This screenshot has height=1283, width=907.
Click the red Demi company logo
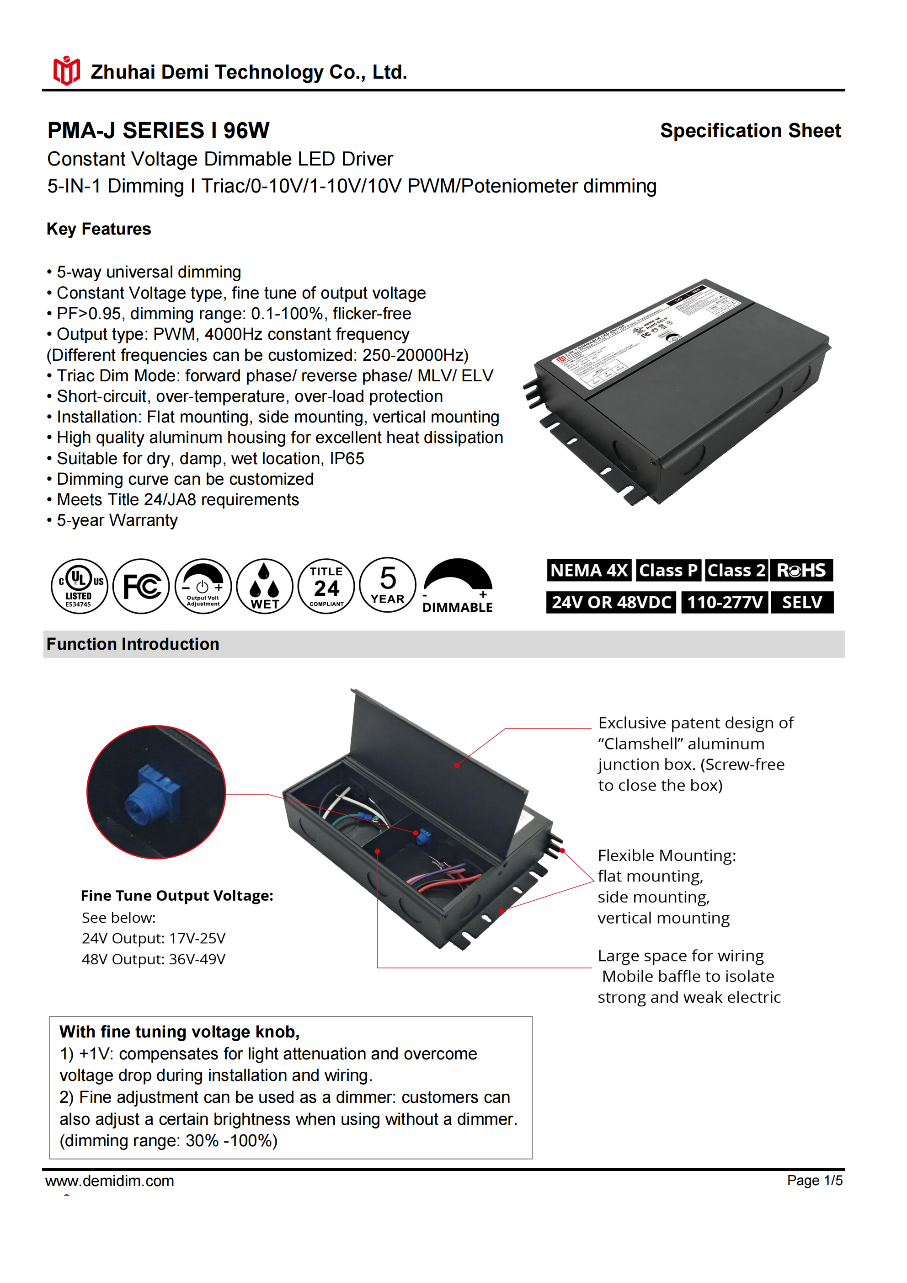pyautogui.click(x=66, y=70)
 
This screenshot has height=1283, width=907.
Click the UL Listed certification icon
pyautogui.click(x=80, y=586)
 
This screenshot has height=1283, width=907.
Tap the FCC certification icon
pyautogui.click(x=141, y=586)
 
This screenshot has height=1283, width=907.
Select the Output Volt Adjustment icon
pyautogui.click(x=203, y=586)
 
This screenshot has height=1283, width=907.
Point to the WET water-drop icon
pyautogui.click(x=264, y=586)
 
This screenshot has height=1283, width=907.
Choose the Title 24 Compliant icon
pyautogui.click(x=326, y=586)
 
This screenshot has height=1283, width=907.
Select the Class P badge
pyautogui.click(x=668, y=570)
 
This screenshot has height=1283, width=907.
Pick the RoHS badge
pyautogui.click(x=801, y=570)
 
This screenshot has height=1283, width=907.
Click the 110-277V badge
pyautogui.click(x=725, y=602)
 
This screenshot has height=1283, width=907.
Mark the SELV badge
pyautogui.click(x=802, y=602)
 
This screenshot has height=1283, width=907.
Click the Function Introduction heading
pyautogui.click(x=133, y=644)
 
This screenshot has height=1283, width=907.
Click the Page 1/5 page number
pyautogui.click(x=814, y=1180)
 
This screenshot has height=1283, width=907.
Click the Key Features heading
pyautogui.click(x=99, y=229)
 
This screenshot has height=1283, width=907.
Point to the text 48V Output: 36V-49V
pyautogui.click(x=154, y=959)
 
